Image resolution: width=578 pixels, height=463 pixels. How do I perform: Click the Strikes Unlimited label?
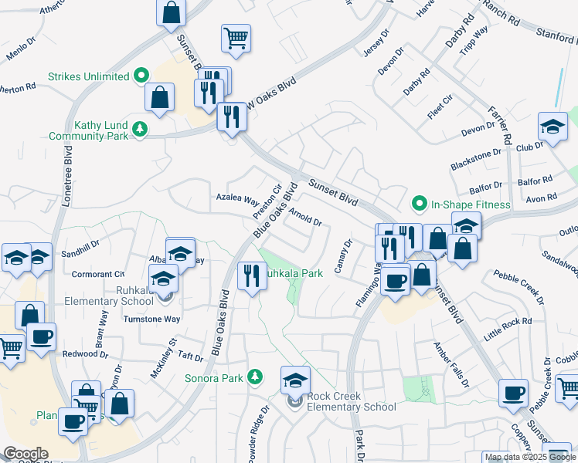pos(87,76)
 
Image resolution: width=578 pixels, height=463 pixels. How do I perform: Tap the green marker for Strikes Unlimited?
pos(141,76)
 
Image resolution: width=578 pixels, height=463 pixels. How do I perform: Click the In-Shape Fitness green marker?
pos(420,204)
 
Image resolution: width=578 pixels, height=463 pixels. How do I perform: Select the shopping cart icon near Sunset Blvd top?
pos(236,36)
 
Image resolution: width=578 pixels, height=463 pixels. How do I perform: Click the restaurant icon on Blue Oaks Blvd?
pos(250,275)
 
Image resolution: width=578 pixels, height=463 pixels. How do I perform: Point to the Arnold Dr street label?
pos(306,219)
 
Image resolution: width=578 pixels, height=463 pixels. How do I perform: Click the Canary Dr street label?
pos(343,255)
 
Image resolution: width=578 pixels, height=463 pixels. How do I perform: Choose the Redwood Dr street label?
pos(86,353)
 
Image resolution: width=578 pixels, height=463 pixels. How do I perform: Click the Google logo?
pos(26,454)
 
